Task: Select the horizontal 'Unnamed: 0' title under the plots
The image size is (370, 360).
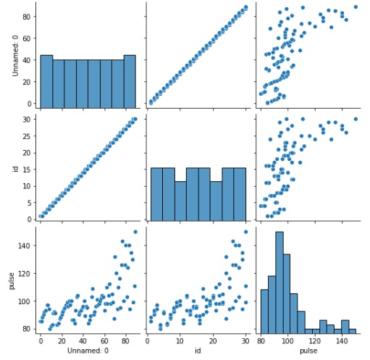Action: coord(87,351)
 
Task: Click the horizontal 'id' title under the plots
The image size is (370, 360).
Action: coord(195,351)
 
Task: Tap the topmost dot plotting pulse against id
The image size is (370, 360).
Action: coord(245,232)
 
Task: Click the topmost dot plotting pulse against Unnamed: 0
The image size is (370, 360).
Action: coord(135,232)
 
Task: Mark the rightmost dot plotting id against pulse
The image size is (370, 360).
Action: coord(356,119)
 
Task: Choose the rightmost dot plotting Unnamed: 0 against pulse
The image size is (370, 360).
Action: coord(356,7)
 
